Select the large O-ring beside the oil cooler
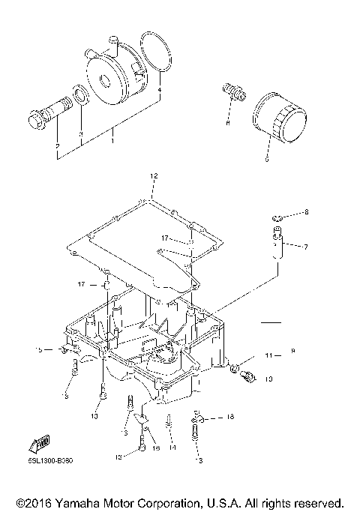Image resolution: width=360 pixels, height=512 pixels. pos(157,56)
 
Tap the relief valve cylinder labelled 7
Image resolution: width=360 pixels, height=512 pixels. pos(277,243)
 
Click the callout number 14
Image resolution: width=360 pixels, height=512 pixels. pos(172,448)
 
